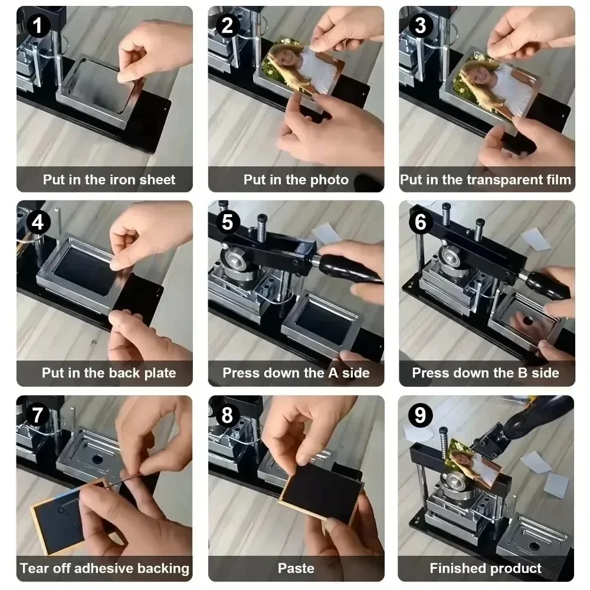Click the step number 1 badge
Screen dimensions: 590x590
[38, 25]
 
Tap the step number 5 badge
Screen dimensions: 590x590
[227, 222]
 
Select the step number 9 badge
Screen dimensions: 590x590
[420, 415]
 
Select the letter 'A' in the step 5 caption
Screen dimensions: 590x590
[333, 373]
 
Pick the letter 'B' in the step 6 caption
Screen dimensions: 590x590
[523, 373]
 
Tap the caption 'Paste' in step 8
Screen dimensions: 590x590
[296, 568]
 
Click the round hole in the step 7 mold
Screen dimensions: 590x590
[97, 460]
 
